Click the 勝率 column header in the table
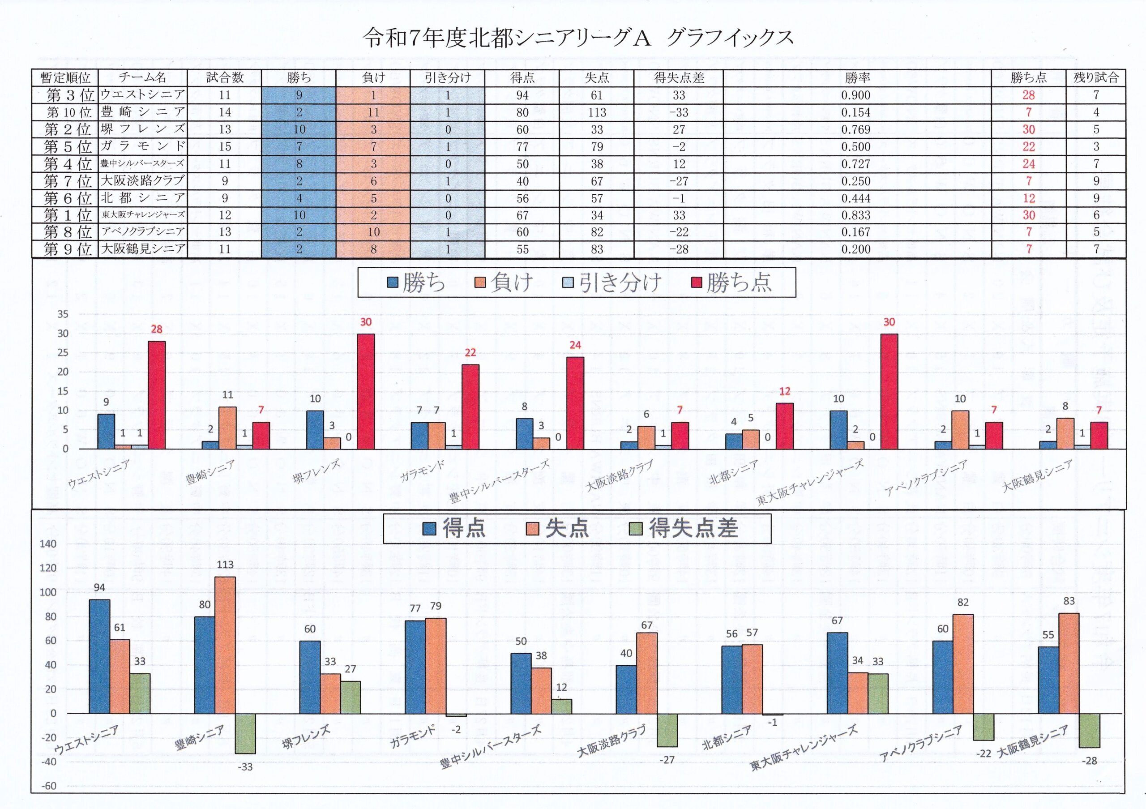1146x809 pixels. click(857, 78)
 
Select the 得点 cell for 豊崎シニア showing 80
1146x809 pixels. click(522, 112)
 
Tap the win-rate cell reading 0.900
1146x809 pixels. click(855, 95)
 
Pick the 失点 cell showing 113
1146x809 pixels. click(597, 112)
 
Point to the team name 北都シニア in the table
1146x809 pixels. click(143, 198)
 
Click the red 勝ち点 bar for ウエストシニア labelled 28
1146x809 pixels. click(157, 395)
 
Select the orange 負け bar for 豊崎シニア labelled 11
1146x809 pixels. click(227, 428)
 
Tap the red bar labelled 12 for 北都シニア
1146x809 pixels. click(785, 426)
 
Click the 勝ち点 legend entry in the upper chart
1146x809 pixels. click(732, 283)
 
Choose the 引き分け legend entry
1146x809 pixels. click(613, 283)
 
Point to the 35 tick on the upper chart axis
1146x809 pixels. click(63, 314)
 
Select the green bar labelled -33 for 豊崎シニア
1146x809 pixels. click(246, 733)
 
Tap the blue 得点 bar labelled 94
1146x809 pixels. click(99, 656)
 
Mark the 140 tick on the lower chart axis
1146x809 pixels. click(48, 544)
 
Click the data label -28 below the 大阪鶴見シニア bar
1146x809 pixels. click(1089, 761)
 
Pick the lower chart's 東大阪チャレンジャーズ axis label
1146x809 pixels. click(804, 749)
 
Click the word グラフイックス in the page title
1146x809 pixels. click(730, 38)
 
